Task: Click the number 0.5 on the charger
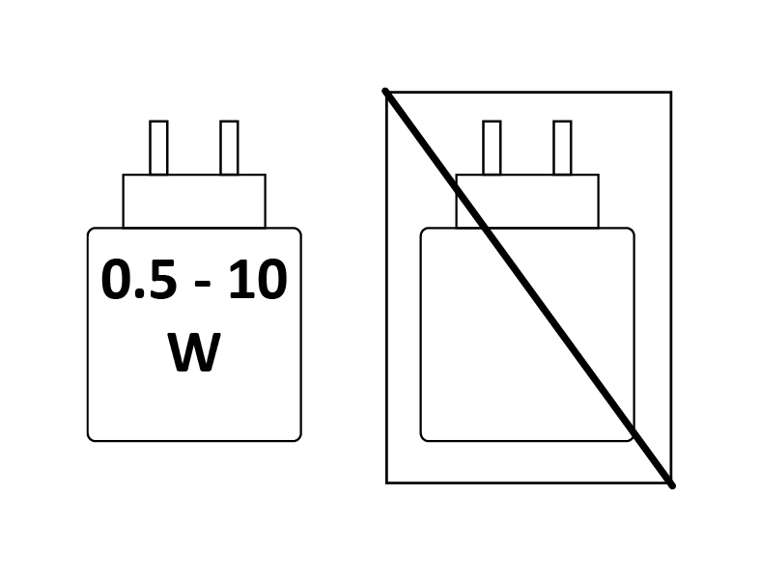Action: pos(138,280)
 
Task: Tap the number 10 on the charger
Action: pos(258,280)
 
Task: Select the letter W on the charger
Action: pos(194,352)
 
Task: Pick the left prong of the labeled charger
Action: pos(158,148)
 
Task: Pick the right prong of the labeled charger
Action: pos(229,148)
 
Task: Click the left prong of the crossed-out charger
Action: pos(492,148)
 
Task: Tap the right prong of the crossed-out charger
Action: pos(562,148)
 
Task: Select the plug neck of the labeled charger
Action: pos(194,201)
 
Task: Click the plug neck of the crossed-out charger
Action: pos(527,201)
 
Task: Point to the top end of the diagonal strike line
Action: pos(385,91)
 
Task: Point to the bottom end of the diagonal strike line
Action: pos(672,485)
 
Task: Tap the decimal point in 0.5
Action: pos(139,294)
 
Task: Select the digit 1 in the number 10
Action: pos(239,280)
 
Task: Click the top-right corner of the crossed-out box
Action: pos(671,92)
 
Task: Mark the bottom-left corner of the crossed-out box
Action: pos(387,482)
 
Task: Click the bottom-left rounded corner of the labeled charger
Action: pos(90,438)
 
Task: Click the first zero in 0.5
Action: pos(116,280)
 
